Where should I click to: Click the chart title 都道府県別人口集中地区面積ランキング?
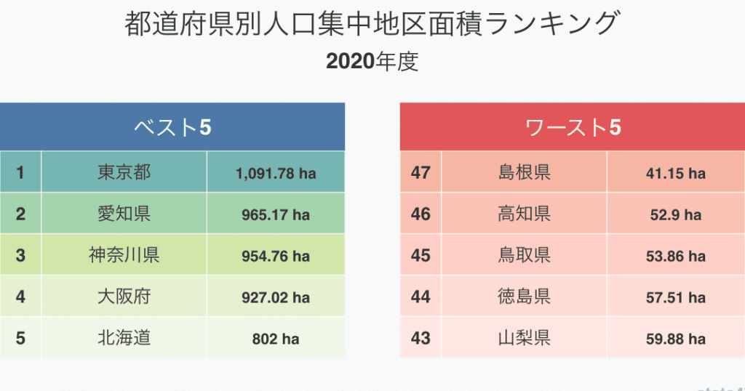click(x=372, y=24)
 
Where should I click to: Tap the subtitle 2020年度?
click(x=372, y=62)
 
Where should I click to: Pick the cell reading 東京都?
click(x=124, y=173)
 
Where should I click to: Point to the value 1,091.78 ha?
click(x=276, y=174)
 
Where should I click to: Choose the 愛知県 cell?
click(x=124, y=214)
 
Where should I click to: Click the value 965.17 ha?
click(x=276, y=215)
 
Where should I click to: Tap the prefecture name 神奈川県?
click(x=124, y=256)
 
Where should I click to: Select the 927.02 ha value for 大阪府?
click(x=276, y=298)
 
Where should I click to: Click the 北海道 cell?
click(x=124, y=339)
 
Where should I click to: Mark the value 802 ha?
click(x=276, y=339)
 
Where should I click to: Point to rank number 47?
click(x=421, y=173)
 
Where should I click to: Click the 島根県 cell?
click(x=524, y=173)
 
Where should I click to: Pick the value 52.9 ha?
click(x=675, y=215)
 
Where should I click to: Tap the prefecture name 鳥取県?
click(x=524, y=256)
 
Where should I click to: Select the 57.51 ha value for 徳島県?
click(x=675, y=298)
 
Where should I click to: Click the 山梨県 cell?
click(x=524, y=339)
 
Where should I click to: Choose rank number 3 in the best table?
click(x=20, y=256)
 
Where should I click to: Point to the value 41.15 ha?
click(x=675, y=174)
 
